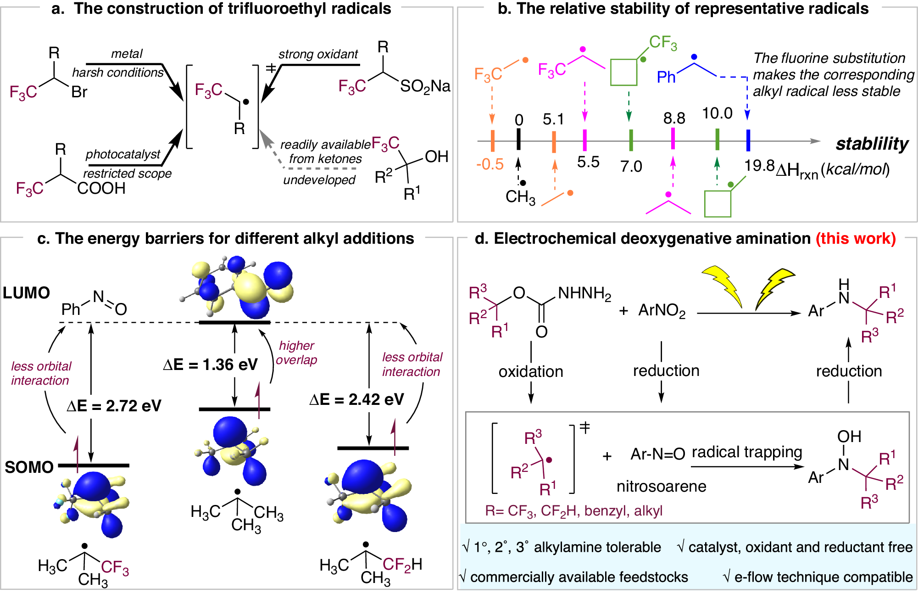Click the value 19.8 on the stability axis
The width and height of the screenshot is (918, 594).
pyautogui.click(x=759, y=165)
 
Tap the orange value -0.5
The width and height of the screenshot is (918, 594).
pyautogui.click(x=490, y=164)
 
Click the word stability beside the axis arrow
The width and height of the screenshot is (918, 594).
pyautogui.click(x=871, y=144)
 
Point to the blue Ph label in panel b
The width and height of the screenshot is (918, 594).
pyautogui.click(x=666, y=77)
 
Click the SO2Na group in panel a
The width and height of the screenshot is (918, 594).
pyautogui.click(x=425, y=86)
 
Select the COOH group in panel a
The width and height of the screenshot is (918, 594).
pyautogui.click(x=101, y=188)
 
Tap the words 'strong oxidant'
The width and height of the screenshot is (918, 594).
pyautogui.click(x=318, y=54)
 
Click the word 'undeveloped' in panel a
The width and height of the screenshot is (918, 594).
pyautogui.click(x=319, y=180)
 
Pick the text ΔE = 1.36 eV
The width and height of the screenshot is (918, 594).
pyautogui.click(x=210, y=365)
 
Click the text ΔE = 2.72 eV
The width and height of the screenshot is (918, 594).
pyautogui.click(x=114, y=406)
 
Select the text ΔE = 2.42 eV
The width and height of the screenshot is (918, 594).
pyautogui.click(x=356, y=399)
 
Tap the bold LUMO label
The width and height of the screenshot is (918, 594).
pyautogui.click(x=26, y=293)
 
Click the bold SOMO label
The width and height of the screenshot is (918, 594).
pyautogui.click(x=29, y=467)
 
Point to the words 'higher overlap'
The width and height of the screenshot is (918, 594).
pyautogui.click(x=296, y=353)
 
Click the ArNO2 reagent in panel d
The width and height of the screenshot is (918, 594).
pyautogui.click(x=662, y=311)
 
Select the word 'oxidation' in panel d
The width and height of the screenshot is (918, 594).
pyautogui.click(x=530, y=371)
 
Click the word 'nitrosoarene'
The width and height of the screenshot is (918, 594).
pyautogui.click(x=661, y=486)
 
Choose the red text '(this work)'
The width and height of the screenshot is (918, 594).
pyautogui.click(x=855, y=239)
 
